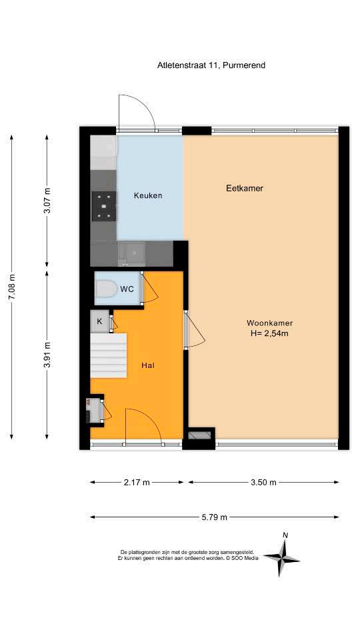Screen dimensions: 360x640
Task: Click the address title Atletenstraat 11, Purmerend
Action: (211, 65)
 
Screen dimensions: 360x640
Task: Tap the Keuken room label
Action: (148, 195)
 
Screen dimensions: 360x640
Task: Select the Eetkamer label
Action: (245, 188)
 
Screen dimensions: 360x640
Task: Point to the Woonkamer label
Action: (269, 323)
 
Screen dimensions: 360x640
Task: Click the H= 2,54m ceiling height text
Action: (269, 333)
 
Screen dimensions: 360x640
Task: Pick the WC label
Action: (127, 289)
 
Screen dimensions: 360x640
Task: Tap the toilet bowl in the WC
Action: (105, 289)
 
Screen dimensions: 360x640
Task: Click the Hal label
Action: (147, 365)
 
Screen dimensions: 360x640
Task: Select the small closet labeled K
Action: (99, 321)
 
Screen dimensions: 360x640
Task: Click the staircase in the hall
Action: (109, 355)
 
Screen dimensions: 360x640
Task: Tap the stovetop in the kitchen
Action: (104, 206)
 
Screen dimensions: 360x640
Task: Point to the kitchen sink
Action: (131, 253)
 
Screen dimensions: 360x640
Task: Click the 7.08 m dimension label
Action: (12, 287)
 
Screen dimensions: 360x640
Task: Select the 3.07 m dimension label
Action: (48, 200)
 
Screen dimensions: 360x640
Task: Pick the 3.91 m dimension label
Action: (48, 353)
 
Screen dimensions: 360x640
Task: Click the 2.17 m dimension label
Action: (137, 483)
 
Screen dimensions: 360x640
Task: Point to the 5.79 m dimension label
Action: (214, 517)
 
